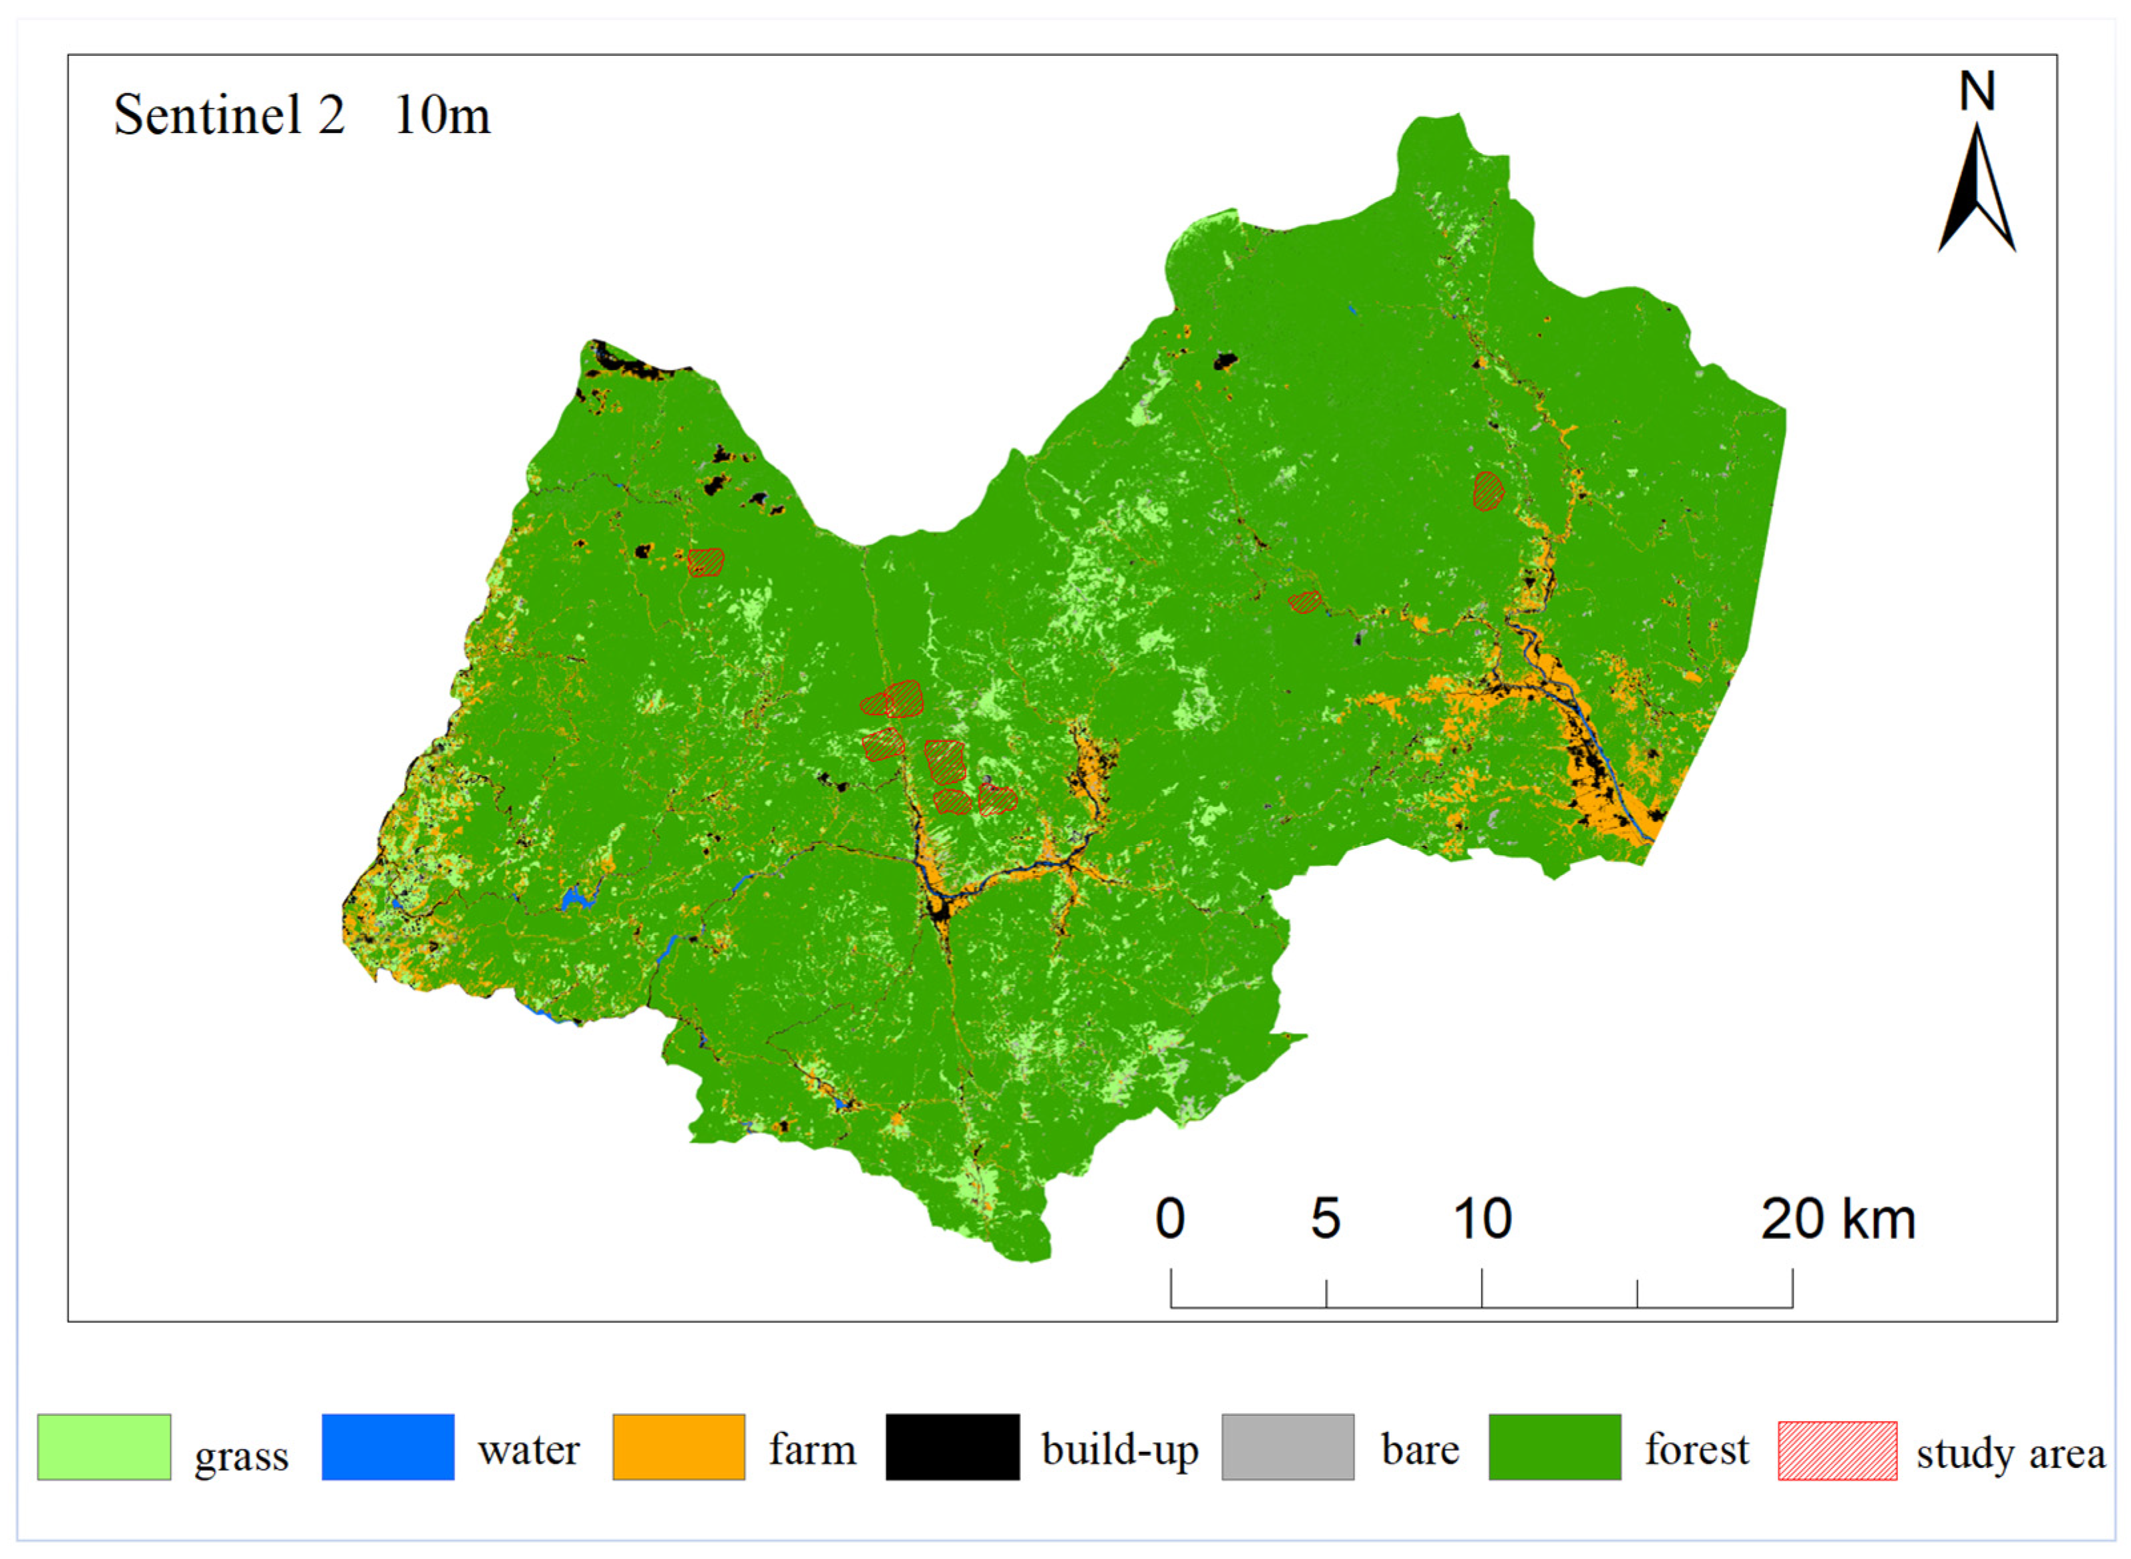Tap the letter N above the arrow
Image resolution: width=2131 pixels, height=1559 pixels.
pyautogui.click(x=1976, y=92)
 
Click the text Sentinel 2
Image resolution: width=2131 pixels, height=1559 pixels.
pyautogui.click(x=230, y=115)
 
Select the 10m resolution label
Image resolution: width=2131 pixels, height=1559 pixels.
pyautogui.click(x=442, y=115)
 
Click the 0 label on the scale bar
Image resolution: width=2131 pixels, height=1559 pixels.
pyautogui.click(x=1169, y=1218)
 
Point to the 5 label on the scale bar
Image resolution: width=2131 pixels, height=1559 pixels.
pyautogui.click(x=1325, y=1218)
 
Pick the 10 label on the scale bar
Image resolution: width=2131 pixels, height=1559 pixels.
pyautogui.click(x=1481, y=1218)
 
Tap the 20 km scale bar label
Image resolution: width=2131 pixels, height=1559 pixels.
pyautogui.click(x=1838, y=1218)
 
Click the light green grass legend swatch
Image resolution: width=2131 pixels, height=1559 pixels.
pyautogui.click(x=104, y=1447)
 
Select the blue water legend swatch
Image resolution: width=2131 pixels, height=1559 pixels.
pyautogui.click(x=388, y=1447)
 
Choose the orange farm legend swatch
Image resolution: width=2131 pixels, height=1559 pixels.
pyautogui.click(x=679, y=1447)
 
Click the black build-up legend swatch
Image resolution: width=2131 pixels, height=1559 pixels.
pyautogui.click(x=952, y=1447)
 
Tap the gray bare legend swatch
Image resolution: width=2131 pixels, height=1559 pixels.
pyautogui.click(x=1287, y=1447)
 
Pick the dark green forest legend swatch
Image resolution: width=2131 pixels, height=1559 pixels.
pyautogui.click(x=1555, y=1447)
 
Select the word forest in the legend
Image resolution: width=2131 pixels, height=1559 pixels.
pyautogui.click(x=1696, y=1449)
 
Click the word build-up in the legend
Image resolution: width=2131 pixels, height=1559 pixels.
pyautogui.click(x=1119, y=1449)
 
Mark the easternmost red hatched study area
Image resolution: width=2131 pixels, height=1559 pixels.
pyautogui.click(x=1488, y=491)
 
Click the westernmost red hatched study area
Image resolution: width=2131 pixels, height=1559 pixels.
pyautogui.click(x=705, y=562)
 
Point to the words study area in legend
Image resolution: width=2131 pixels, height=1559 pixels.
pyautogui.click(x=2010, y=1453)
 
